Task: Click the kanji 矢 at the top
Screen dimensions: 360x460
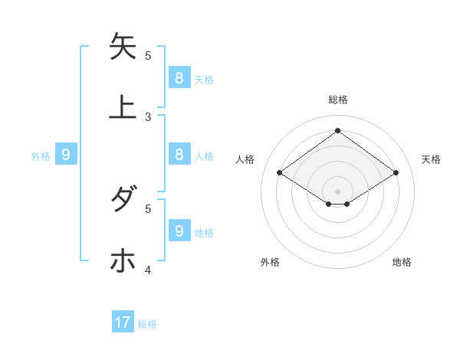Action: (x=123, y=47)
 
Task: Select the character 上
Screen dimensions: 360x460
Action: (x=123, y=106)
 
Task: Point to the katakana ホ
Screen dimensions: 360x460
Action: (x=123, y=260)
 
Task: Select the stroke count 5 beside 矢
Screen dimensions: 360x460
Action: (x=148, y=55)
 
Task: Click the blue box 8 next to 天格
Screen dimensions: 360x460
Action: (x=179, y=77)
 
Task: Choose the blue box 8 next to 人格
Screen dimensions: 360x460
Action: (x=179, y=154)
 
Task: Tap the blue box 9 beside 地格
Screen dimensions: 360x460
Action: (x=179, y=231)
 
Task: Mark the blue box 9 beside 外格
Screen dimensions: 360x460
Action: (x=66, y=155)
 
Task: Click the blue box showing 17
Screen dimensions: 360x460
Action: (x=123, y=322)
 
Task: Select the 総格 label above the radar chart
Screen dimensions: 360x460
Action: (x=338, y=100)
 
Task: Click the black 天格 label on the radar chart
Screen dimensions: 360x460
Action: (x=431, y=159)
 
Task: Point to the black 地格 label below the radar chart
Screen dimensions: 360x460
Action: (x=402, y=262)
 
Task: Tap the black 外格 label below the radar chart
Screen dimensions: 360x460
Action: (x=270, y=262)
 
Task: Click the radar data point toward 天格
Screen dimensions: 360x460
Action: (x=396, y=173)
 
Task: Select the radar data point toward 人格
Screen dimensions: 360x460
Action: (x=280, y=173)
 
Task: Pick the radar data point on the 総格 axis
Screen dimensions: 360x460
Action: (x=337, y=130)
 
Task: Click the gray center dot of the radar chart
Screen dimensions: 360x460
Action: (x=337, y=191)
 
